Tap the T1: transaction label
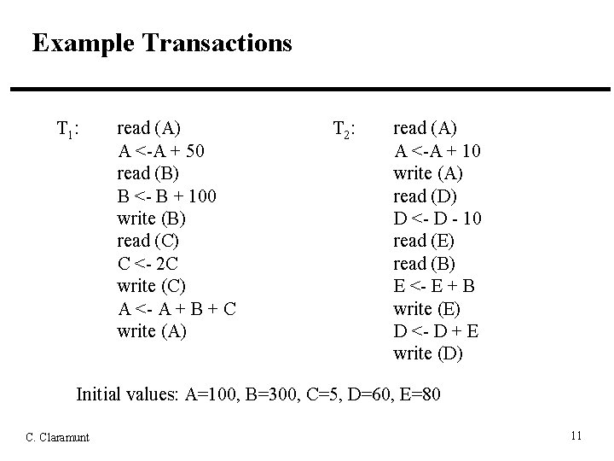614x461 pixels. click(x=68, y=130)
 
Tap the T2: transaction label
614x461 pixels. click(x=344, y=130)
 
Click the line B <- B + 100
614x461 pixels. click(x=167, y=195)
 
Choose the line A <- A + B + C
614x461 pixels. click(x=177, y=307)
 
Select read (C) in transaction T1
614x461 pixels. click(x=148, y=241)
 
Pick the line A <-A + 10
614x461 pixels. click(x=437, y=151)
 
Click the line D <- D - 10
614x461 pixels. click(x=437, y=219)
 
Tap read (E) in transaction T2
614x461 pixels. click(x=424, y=241)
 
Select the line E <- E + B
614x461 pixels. click(x=434, y=285)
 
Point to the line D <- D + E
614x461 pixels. click(x=434, y=330)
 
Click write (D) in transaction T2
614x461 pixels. click(x=428, y=352)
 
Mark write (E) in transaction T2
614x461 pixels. click(x=427, y=307)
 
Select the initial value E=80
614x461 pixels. click(x=419, y=395)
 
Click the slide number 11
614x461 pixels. click(x=576, y=436)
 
